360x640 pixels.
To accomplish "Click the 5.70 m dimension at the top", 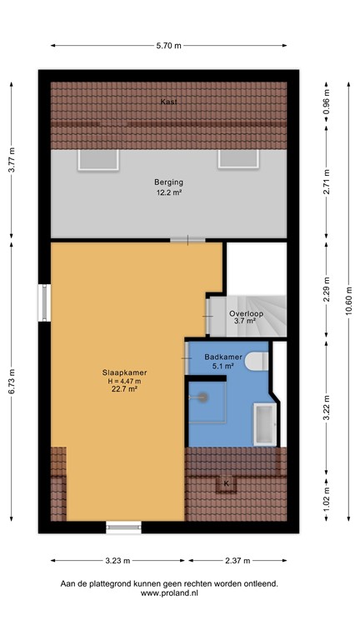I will tap(168, 46).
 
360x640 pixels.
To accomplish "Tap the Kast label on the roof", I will tap(168, 102).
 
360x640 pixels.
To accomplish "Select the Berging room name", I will tap(168, 182).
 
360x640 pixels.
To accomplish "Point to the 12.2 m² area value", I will tap(168, 192).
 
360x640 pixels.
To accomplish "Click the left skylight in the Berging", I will tap(89, 158).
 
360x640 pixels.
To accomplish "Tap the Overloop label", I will tap(248, 314).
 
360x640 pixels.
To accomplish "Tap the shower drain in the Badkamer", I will tap(200, 398).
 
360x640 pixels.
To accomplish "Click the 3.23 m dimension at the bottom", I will tap(119, 561).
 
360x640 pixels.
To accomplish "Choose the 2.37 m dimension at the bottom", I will tap(237, 561).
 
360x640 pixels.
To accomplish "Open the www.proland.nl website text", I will tap(168, 594).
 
